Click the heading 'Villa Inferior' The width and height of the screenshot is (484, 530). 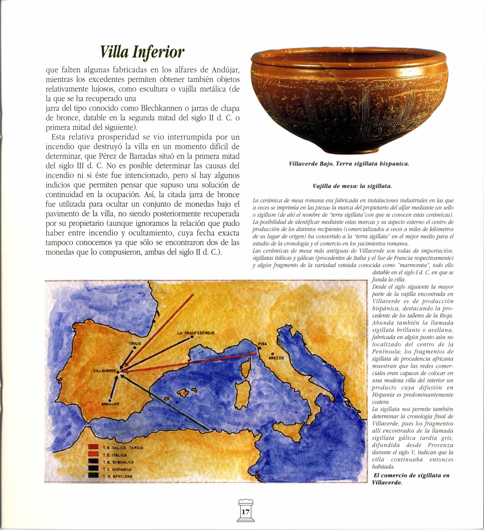coord(143,52)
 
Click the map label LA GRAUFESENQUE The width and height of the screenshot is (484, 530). coord(196,333)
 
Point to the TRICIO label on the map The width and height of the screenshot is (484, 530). coord(135,343)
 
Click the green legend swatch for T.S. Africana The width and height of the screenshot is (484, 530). coord(94,476)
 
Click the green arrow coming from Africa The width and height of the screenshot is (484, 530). coord(166,402)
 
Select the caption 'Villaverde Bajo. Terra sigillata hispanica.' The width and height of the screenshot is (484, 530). coord(349,164)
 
